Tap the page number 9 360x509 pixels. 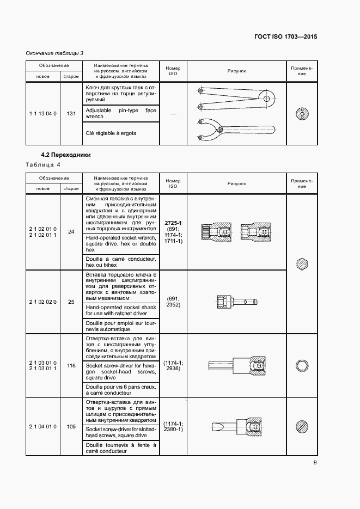tap(315, 463)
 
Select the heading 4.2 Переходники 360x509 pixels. tap(66, 155)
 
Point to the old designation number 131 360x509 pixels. tap(71, 113)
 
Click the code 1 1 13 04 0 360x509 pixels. tap(42, 113)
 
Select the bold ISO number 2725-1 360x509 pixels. tap(173, 223)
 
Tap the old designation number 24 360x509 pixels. tap(71, 232)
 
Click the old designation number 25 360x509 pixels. tap(71, 302)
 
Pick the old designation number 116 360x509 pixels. tap(71, 366)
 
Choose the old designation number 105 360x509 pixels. tap(71, 427)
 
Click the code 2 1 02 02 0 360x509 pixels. tap(42, 302)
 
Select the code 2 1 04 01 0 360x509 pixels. tap(42, 427)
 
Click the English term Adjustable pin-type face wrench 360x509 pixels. tap(120, 113)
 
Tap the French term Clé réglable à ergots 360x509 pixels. tap(111, 133)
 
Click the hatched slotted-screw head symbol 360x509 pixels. tap(301, 426)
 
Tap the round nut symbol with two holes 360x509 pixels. tap(301, 114)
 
